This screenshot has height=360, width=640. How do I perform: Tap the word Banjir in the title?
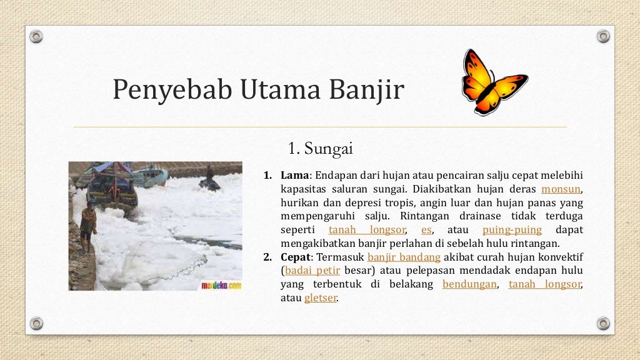click(x=368, y=90)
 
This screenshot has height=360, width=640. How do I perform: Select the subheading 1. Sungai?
click(x=321, y=149)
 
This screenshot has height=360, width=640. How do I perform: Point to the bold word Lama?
click(x=294, y=174)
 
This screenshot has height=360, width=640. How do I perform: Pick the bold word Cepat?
click(x=296, y=257)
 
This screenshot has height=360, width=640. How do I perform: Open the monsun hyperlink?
click(x=561, y=188)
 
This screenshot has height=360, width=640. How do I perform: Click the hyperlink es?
click(x=427, y=229)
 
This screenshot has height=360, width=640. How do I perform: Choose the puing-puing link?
click(x=512, y=229)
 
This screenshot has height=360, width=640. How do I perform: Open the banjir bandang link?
click(x=404, y=257)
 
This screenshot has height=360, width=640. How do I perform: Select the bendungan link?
click(x=469, y=284)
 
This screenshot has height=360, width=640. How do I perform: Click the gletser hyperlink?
click(x=321, y=298)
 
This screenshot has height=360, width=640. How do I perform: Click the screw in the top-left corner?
click(x=37, y=36)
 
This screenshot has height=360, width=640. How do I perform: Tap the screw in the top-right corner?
click(x=602, y=36)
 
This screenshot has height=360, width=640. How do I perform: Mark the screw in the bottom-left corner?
click(x=37, y=323)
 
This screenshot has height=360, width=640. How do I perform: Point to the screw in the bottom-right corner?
click(x=602, y=323)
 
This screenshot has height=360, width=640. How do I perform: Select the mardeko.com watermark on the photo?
click(x=221, y=284)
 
